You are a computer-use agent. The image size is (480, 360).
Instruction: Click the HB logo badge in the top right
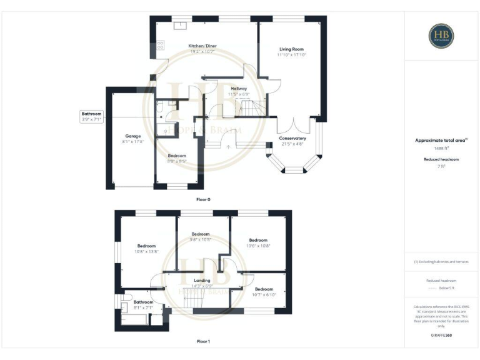tap(441, 36)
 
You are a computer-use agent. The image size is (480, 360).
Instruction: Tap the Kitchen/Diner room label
tap(202, 48)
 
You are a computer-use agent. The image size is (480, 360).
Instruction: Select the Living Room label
tap(291, 52)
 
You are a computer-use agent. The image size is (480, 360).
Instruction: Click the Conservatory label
tap(292, 141)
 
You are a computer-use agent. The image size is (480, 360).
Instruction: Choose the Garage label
tap(132, 139)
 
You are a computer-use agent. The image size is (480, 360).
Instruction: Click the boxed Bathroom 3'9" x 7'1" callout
tap(91, 116)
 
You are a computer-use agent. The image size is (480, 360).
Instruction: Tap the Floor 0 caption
tap(203, 199)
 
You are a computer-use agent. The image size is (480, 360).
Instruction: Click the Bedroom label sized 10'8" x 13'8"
tap(146, 249)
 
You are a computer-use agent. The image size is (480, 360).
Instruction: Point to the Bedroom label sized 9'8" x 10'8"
tap(201, 236)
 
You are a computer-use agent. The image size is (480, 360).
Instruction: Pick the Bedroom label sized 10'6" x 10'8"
tap(258, 242)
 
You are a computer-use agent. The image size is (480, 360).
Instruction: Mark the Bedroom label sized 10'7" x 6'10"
tap(264, 291)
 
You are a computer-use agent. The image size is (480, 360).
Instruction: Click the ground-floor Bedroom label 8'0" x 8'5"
tap(177, 158)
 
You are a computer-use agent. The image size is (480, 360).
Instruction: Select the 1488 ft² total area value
tap(441, 148)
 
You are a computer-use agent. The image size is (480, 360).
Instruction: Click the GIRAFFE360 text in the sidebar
tap(441, 336)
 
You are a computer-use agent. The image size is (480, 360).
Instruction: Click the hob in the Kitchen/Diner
tap(161, 44)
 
